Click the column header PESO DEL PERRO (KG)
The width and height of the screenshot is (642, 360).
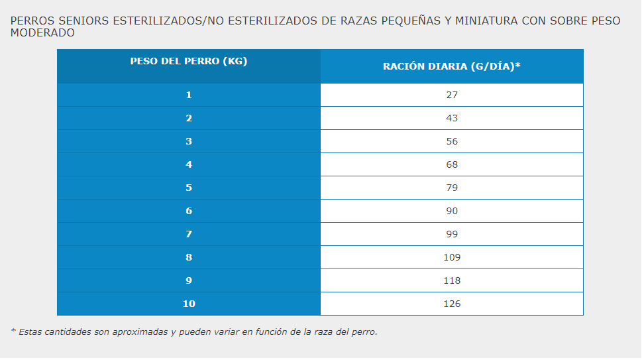tap(189, 61)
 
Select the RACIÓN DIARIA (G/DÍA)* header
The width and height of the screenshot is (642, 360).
tap(451, 66)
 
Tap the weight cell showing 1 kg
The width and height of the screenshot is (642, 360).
tap(189, 95)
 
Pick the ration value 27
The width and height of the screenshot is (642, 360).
tap(452, 95)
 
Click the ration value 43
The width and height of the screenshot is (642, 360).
tap(452, 118)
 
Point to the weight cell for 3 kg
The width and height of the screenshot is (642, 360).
tap(189, 141)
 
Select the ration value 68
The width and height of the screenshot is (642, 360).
tap(452, 164)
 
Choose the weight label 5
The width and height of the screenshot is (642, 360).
tap(189, 188)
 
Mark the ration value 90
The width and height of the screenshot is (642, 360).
tap(452, 211)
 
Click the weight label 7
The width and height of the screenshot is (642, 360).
tap(189, 234)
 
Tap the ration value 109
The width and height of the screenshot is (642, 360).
tap(452, 257)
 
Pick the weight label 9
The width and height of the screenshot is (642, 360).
tap(189, 280)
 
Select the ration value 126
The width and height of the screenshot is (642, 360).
tap(452, 304)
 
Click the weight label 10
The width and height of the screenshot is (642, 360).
tap(189, 304)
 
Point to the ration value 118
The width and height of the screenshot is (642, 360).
tap(452, 280)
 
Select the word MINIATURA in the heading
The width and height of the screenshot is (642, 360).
tap(480, 21)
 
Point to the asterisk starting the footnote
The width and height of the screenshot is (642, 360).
tap(13, 331)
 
